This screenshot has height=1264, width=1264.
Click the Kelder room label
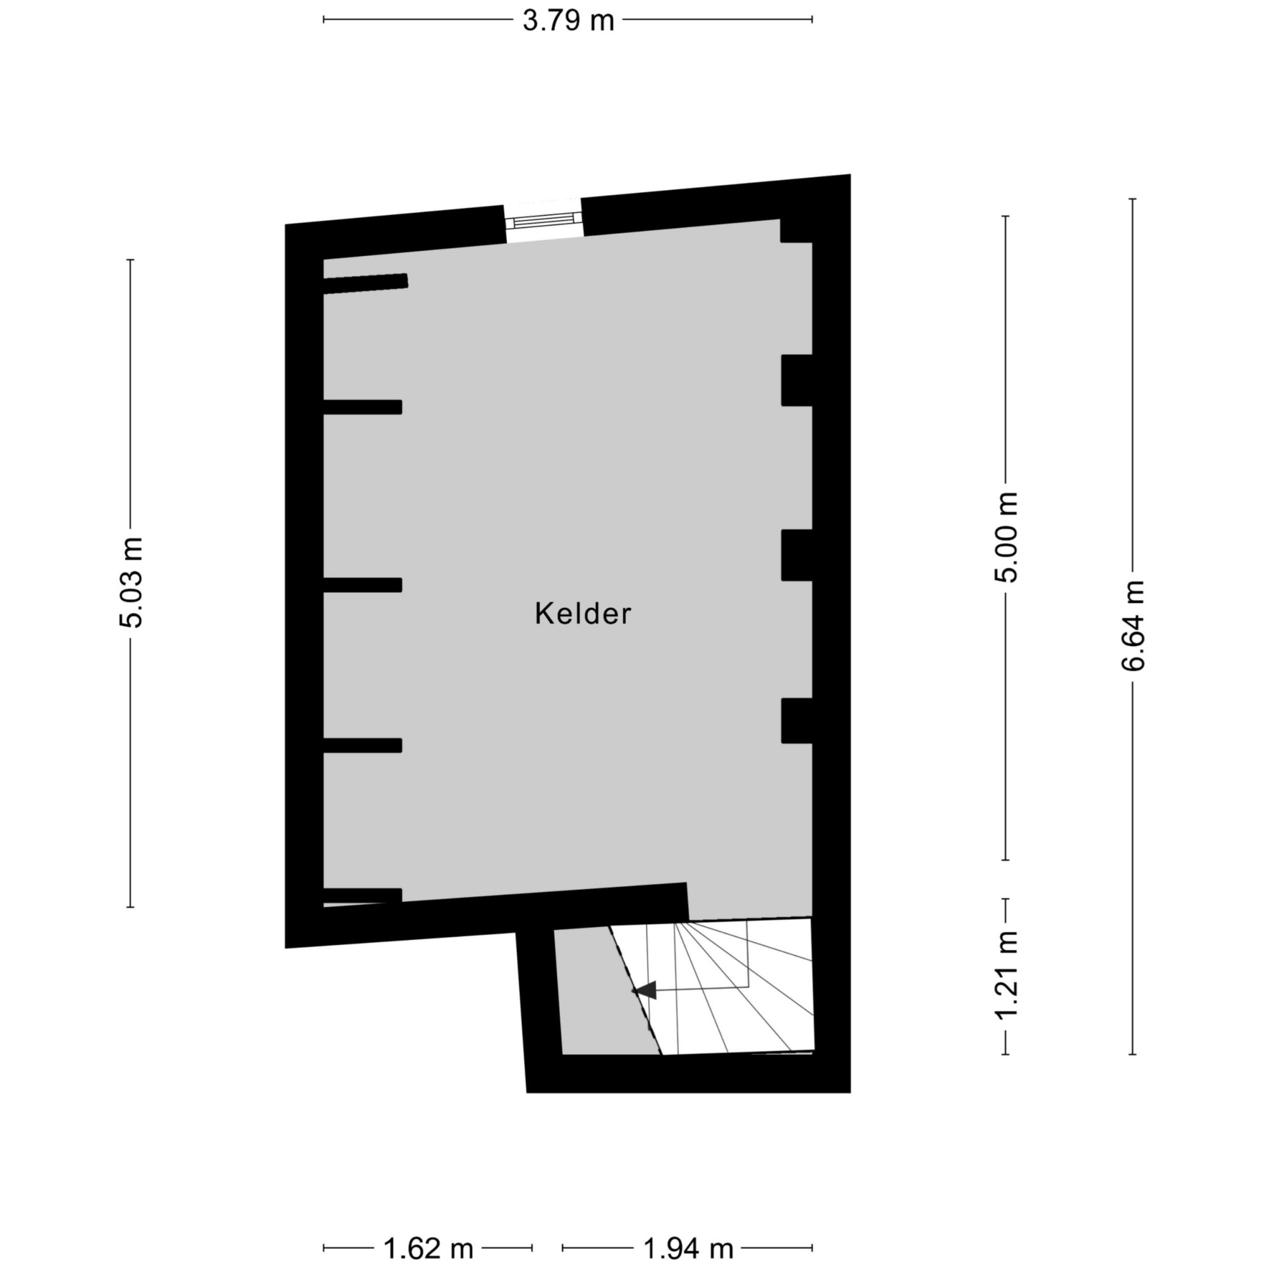(583, 614)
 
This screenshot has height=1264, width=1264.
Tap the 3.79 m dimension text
(568, 20)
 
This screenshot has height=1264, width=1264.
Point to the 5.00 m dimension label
(1006, 537)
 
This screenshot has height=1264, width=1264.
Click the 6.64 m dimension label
(1133, 626)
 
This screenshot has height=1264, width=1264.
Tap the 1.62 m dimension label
(428, 1249)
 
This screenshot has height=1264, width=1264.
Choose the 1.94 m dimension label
(688, 1249)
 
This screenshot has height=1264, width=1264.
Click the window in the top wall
(542, 220)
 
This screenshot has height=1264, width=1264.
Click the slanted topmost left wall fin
(366, 283)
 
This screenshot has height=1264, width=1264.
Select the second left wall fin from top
(362, 407)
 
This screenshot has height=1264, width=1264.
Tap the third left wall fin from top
(362, 585)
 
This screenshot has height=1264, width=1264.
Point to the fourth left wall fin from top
(362, 745)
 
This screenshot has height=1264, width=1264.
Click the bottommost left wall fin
(362, 895)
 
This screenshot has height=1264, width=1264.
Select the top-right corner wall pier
(796, 230)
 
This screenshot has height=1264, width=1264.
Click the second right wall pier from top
(797, 380)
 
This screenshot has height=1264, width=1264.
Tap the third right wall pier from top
(797, 555)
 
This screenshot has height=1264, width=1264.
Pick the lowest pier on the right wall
(797, 720)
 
